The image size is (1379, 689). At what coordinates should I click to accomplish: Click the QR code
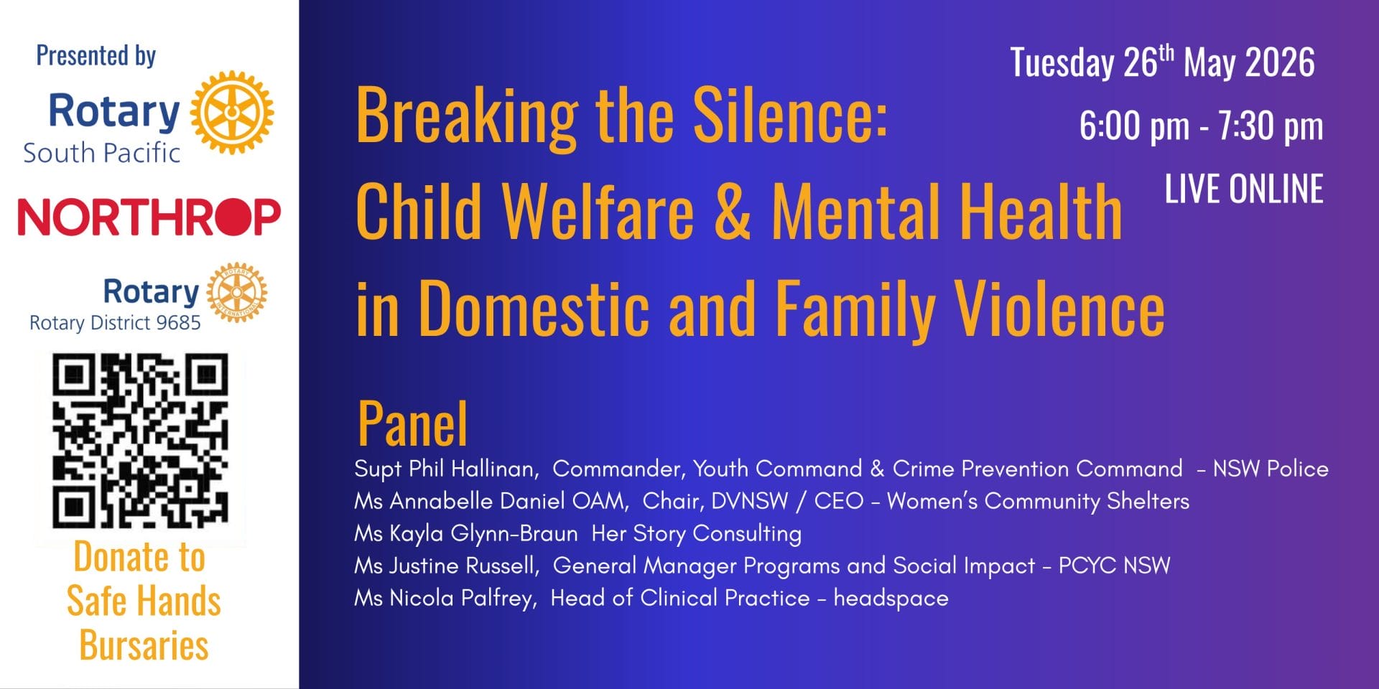pos(141,441)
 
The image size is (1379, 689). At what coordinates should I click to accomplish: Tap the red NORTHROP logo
pos(149,217)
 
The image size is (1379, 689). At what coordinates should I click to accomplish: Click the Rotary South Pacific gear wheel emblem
pos(231,112)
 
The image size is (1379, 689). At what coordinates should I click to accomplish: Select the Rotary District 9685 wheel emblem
pos(237,292)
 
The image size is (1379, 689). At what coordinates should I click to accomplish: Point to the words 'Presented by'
pos(96,56)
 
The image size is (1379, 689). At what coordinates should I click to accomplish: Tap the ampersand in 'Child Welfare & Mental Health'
pos(733,212)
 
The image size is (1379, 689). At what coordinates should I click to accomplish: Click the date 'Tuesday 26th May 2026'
pos(1162,62)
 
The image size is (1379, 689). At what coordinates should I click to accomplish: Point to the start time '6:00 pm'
pos(1134,126)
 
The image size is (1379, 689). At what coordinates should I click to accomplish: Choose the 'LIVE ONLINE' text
pos(1244,189)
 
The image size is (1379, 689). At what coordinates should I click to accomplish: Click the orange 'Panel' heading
pos(412,423)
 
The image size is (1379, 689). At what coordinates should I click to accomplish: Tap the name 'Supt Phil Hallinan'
pos(445,469)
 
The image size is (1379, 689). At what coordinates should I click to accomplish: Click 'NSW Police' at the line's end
pos(1271,469)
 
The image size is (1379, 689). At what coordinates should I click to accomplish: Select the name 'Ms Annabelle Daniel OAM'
pos(491,501)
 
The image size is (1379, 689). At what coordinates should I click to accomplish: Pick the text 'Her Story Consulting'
pos(696,533)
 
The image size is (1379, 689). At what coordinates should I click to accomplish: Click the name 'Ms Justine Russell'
pos(446,566)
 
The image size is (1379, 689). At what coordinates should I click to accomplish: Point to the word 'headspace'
pos(891,599)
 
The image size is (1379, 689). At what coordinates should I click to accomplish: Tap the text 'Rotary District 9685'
pos(115,323)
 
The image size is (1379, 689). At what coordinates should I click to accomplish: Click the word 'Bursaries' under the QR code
pos(144,645)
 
